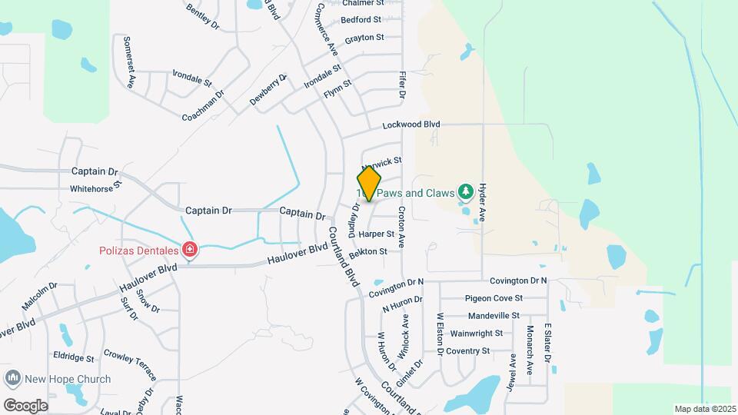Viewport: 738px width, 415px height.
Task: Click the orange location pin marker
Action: [x=369, y=184]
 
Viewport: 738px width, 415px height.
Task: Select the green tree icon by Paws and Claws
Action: [x=464, y=191]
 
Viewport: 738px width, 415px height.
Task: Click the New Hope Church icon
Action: [x=12, y=379]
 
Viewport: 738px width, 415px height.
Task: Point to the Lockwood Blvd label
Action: [x=411, y=124]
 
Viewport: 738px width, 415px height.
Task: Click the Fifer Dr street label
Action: [x=401, y=84]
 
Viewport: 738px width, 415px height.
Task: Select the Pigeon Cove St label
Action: [x=494, y=298]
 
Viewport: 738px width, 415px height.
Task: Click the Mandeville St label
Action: [x=494, y=316]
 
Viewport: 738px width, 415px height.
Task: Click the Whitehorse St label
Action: [x=95, y=188]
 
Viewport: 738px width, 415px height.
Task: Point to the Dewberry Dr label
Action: [x=268, y=89]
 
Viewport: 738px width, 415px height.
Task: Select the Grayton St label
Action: [x=364, y=38]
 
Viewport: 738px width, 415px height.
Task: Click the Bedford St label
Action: [x=361, y=20]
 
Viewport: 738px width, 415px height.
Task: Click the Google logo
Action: [x=25, y=405]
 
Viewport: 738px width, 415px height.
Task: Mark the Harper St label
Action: [x=376, y=234]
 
